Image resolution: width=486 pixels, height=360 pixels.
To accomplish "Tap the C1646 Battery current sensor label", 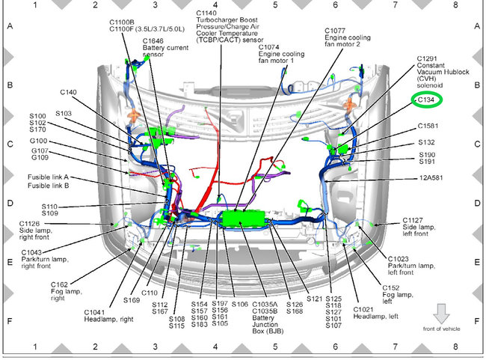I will pos(164,47).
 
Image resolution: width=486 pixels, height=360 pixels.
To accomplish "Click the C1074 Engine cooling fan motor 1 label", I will pos(281,55).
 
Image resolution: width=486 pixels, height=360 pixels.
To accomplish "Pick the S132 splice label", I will pos(427,141).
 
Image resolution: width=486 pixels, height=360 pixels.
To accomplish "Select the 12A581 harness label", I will pos(431,179).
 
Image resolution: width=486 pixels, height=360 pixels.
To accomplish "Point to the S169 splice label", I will pos(132,299).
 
